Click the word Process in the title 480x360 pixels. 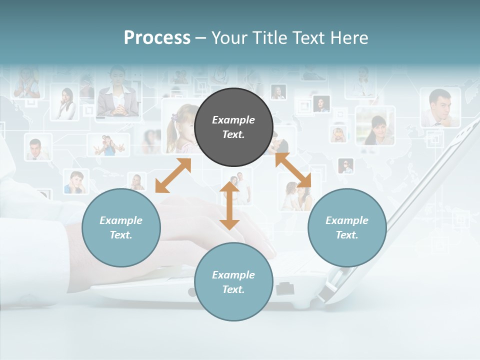pyautogui.click(x=157, y=37)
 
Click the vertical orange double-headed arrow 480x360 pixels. pyautogui.click(x=229, y=205)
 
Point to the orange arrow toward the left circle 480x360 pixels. pyautogui.click(x=173, y=175)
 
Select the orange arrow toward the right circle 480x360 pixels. pyautogui.click(x=293, y=170)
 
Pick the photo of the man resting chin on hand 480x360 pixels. pyautogui.click(x=440, y=107)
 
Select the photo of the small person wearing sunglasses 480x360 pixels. pyautogui.click(x=345, y=165)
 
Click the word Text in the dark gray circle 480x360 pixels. pyautogui.click(x=233, y=134)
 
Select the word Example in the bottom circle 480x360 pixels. pyautogui.click(x=233, y=274)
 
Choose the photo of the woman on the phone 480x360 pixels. pyautogui.click(x=65, y=103)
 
